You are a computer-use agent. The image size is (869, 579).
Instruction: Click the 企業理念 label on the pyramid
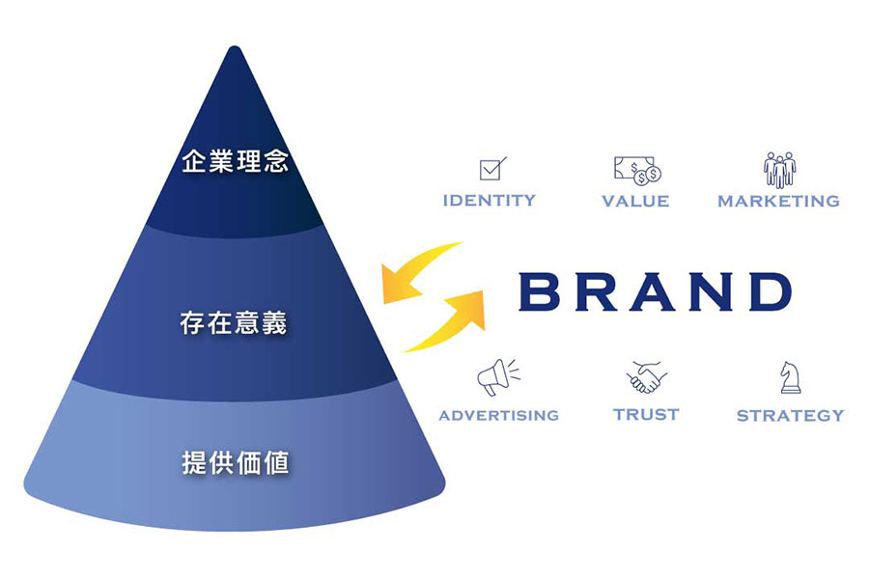coord(235,161)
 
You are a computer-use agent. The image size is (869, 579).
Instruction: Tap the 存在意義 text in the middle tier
coord(234,322)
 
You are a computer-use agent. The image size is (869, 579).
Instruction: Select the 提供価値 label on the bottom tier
coord(235,462)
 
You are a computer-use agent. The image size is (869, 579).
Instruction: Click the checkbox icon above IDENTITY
coord(492,169)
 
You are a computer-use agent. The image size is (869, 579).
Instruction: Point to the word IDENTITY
coord(489,201)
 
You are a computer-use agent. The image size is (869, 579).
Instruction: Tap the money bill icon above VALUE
coord(637,170)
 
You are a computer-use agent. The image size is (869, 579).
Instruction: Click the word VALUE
coord(635,202)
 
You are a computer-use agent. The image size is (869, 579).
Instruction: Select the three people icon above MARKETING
coord(779,170)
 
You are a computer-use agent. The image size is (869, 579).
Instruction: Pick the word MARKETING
coord(778,202)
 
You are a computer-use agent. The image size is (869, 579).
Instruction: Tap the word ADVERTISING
coord(498,415)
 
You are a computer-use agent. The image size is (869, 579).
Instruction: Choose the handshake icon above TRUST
coord(646,376)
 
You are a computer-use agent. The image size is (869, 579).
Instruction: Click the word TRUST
coord(646,414)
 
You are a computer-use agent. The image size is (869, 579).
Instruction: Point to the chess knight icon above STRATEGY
coord(790,376)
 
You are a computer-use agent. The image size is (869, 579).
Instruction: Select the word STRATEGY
coord(790,416)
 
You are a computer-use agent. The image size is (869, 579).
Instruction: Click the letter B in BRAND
coord(540,291)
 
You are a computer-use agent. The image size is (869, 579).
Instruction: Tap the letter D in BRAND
coord(768,291)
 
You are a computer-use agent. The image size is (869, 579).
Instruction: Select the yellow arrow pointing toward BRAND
coord(448,317)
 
